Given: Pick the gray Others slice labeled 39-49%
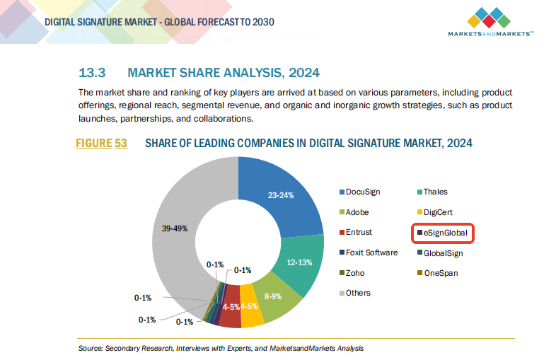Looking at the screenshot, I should [181, 226].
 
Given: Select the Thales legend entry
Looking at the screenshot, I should [435, 192].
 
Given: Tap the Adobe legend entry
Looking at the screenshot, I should [357, 212].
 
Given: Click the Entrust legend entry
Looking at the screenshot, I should [359, 232].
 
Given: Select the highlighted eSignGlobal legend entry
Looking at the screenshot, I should [444, 232].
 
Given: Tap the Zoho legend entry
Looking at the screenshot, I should [356, 272].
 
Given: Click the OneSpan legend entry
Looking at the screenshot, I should [441, 272].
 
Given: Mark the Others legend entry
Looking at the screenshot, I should [358, 293].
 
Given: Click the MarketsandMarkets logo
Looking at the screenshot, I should [490, 22].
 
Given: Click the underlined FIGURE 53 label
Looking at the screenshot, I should [101, 144].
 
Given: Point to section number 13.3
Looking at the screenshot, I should [91, 73].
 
